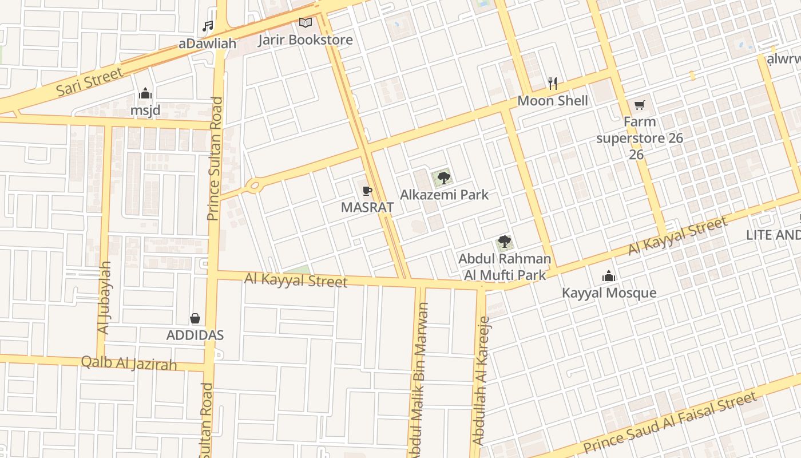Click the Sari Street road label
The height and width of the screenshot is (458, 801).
(89, 82)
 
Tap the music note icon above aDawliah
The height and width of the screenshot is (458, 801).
(208, 26)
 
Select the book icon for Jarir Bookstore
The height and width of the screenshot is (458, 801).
(306, 23)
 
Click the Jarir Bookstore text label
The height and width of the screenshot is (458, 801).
(305, 40)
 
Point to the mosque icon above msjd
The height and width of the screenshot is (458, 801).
(145, 93)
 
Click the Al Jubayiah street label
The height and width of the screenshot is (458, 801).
(104, 298)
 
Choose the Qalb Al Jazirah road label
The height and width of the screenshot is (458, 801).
(129, 363)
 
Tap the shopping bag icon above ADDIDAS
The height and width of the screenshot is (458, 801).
(195, 318)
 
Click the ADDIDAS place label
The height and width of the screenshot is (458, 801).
(195, 335)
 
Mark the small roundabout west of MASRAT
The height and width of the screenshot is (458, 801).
(253, 185)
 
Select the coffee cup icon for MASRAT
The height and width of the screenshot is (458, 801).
(367, 191)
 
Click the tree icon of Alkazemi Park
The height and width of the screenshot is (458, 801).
(443, 177)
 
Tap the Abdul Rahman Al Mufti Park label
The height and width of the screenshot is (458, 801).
(505, 267)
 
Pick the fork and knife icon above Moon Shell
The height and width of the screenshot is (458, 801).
(552, 84)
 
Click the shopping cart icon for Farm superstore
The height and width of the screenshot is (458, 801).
(639, 105)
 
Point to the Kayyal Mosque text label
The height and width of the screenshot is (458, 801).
(609, 293)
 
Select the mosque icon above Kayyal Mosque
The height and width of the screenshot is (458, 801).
(609, 277)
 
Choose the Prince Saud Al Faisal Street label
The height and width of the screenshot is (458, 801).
(669, 423)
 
